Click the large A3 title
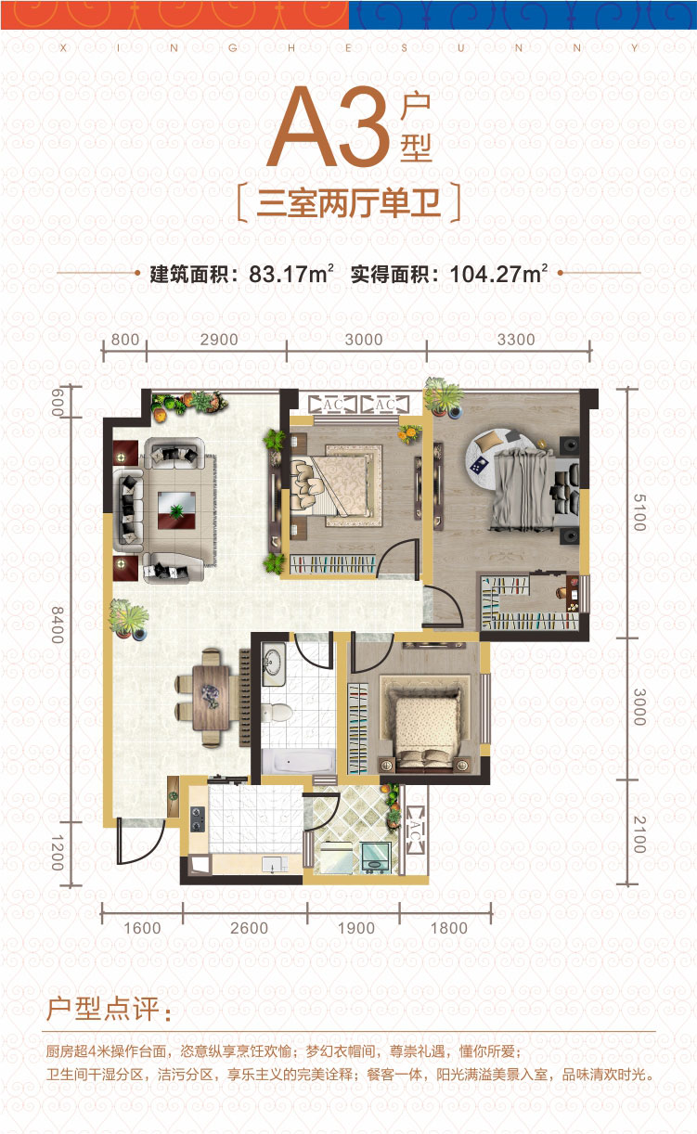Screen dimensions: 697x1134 330,127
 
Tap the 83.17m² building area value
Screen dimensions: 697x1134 291,274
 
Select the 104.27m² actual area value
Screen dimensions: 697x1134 498,274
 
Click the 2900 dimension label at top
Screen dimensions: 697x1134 219,340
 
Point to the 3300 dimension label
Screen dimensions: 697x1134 516,340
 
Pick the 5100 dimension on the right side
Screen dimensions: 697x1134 639,512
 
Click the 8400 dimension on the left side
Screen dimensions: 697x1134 58,625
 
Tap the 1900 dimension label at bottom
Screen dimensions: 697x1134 355,928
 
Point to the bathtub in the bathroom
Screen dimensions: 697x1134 299,761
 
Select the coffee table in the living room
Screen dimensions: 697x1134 176,510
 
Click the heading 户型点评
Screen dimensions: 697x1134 109,1009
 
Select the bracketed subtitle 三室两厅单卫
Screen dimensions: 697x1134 348,203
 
